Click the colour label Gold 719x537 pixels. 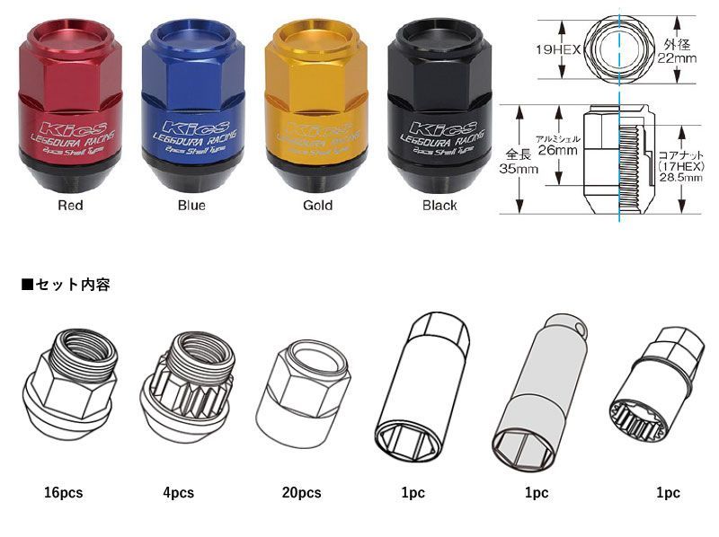(317, 206)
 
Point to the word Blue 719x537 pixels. (191, 206)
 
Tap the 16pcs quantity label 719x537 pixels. (64, 492)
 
